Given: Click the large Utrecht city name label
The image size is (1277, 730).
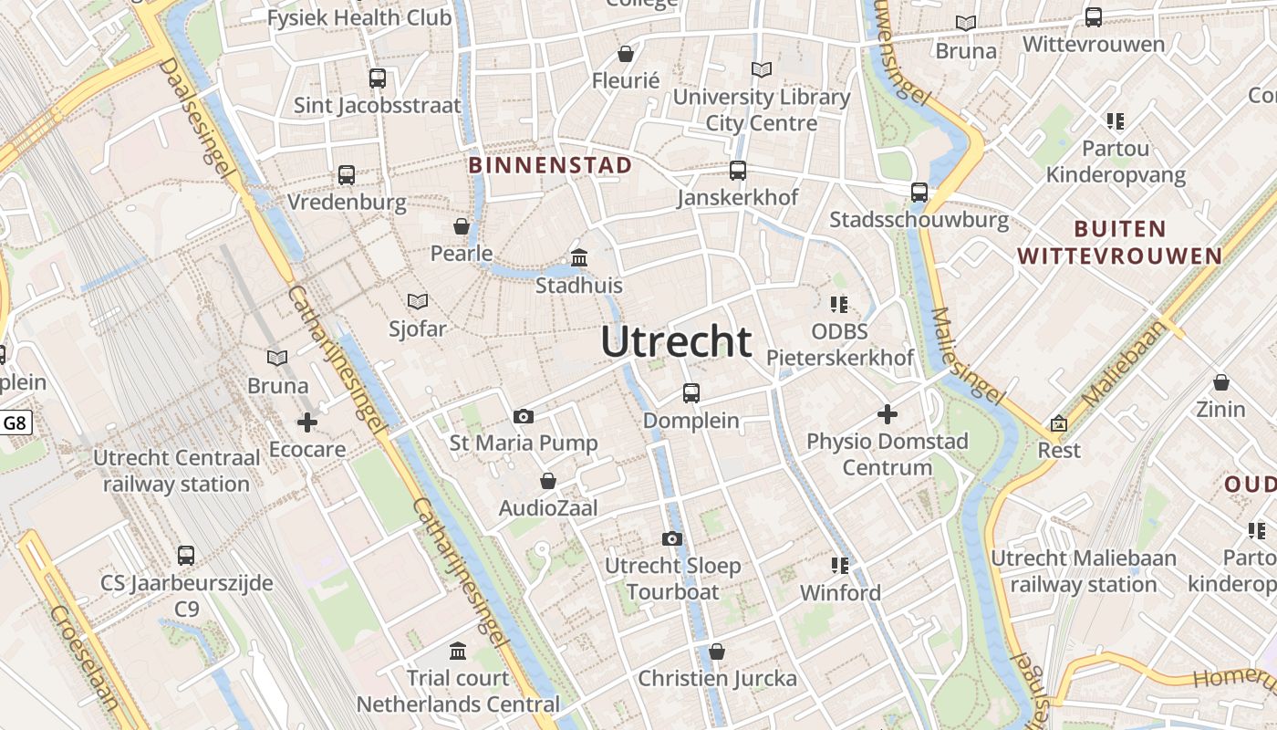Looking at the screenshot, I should point(676,342).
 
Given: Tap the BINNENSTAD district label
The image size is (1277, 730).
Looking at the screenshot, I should point(550,165).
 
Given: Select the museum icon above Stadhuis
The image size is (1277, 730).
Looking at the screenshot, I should point(579,258).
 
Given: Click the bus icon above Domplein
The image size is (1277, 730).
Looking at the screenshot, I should point(691,393).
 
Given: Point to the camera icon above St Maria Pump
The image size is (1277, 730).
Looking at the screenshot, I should point(524,416).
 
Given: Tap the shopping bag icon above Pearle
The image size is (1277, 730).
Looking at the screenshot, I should point(462,226).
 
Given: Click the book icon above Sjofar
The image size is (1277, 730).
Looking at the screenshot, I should point(418,301).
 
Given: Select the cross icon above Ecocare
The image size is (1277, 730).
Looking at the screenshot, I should point(307,422).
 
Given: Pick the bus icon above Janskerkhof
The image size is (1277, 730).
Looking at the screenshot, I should point(738,171).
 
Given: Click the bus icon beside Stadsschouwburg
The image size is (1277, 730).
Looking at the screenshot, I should point(919,193).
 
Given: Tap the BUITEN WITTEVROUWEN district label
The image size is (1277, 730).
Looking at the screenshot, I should point(1120,242).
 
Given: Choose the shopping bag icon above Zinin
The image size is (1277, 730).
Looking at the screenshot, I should point(1221,382).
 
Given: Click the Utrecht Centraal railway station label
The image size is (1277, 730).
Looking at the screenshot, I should point(176,471).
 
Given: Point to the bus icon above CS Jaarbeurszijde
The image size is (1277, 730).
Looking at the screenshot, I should point(186,555).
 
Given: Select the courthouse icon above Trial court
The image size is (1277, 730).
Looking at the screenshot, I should point(458,652).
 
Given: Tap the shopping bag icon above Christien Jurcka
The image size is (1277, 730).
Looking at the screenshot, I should point(717,652).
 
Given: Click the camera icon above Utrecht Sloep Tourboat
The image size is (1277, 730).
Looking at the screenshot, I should point(672,538).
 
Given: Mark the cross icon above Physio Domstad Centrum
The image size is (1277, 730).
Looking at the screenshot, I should point(888,414).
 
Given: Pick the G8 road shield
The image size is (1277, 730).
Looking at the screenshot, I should point(16,422).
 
